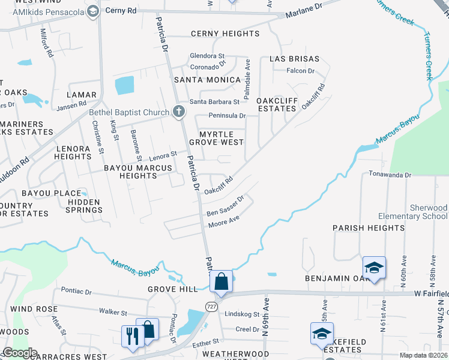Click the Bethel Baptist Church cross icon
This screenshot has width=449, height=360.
pos(178,112)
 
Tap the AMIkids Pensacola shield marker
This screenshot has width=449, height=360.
pos(92,11)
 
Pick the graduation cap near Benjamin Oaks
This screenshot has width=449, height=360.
pos(374,268)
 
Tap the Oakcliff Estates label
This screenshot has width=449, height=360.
pos(276,104)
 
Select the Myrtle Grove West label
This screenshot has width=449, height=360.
pos(216,137)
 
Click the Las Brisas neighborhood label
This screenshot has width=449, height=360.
pos(292,59)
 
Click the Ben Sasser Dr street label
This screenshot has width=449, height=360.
pos(226,206)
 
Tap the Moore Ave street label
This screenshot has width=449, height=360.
pos(224,222)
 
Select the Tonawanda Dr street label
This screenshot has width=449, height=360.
pos(390,175)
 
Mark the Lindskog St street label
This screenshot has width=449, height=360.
pos(241,314)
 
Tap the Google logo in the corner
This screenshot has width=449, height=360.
pos(20,352)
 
